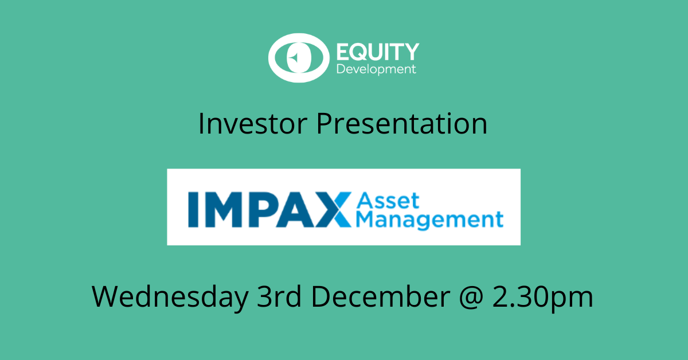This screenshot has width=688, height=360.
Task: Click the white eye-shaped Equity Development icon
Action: [298, 58]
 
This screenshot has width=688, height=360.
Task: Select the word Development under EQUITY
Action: [376, 69]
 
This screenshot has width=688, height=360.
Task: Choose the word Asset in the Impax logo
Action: [388, 201]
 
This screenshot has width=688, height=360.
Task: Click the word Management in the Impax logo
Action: [429, 220]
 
